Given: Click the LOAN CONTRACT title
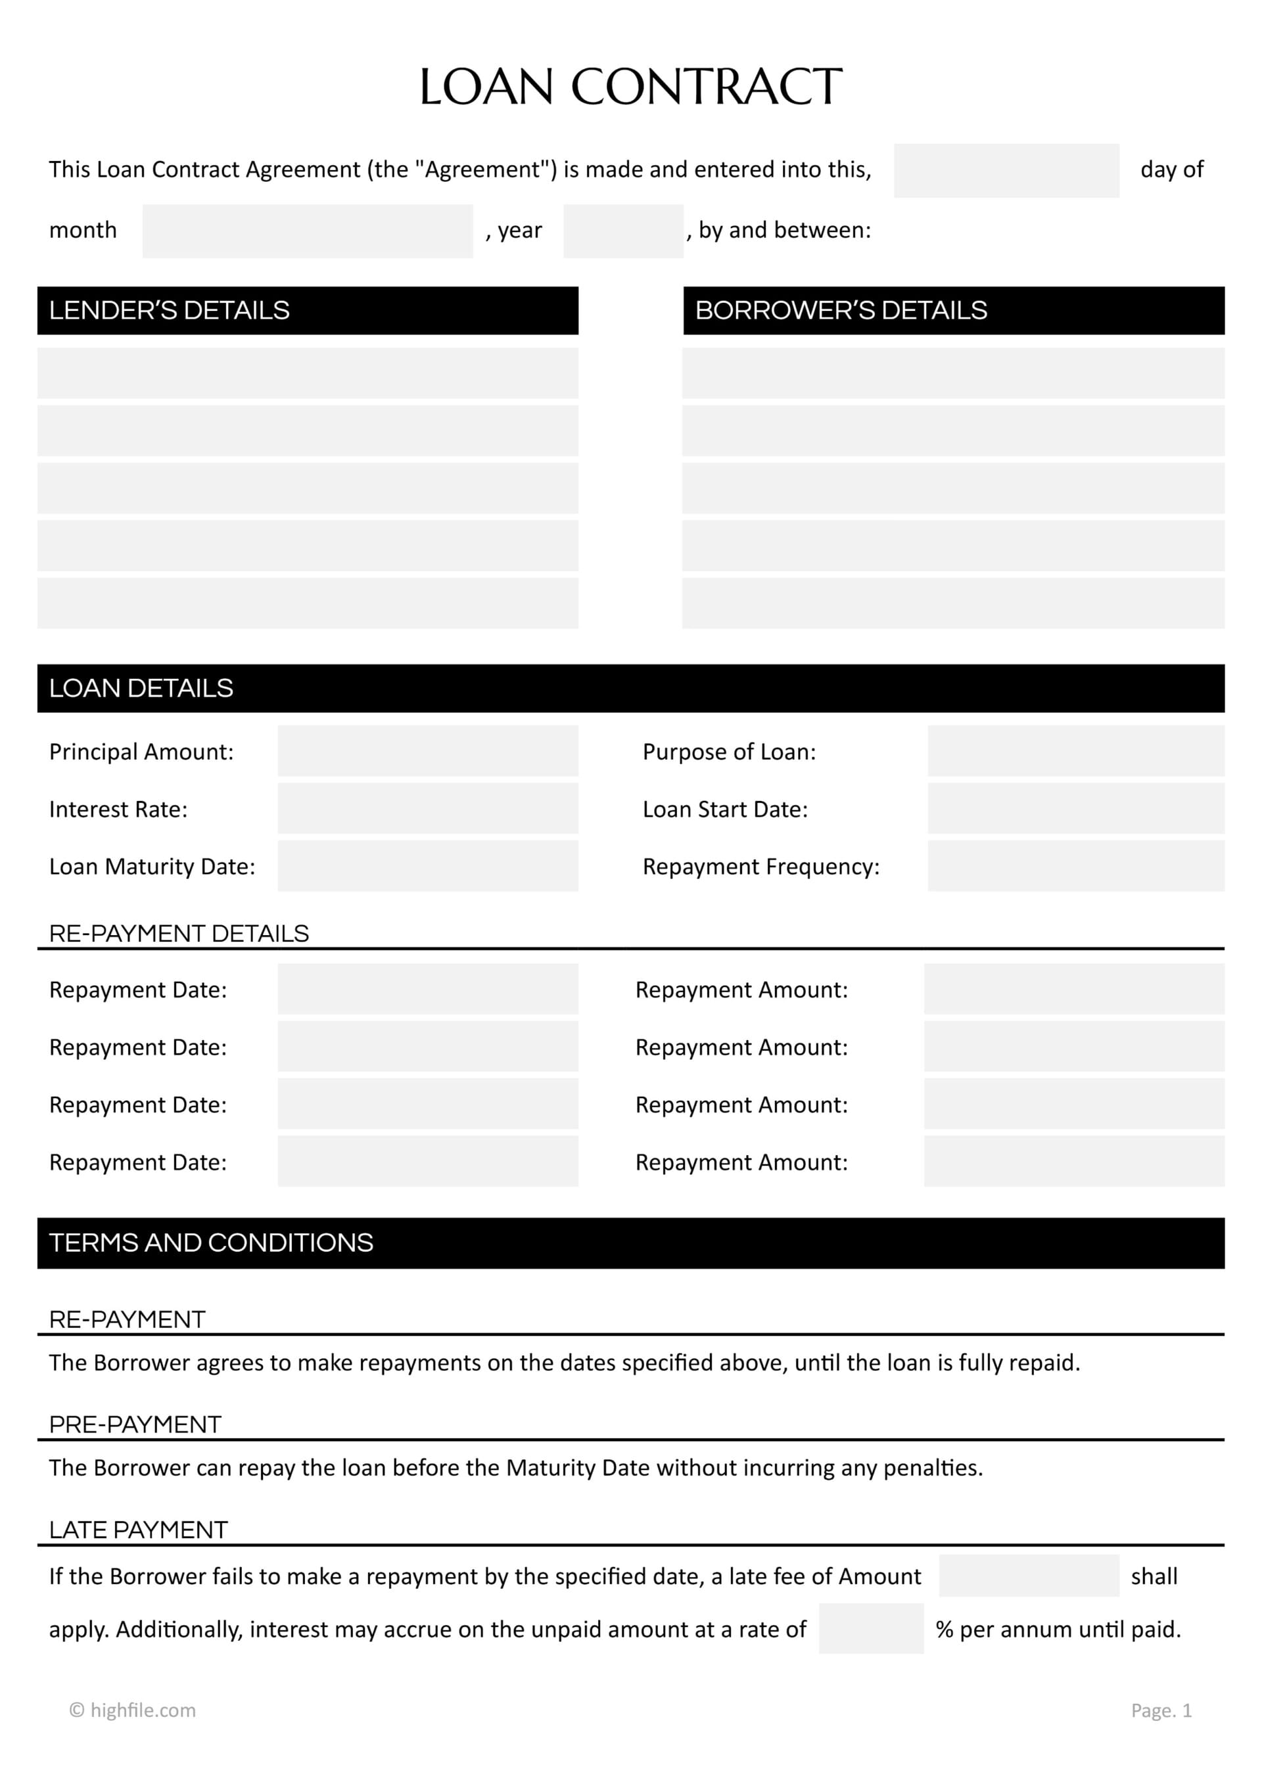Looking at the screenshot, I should click(x=630, y=86).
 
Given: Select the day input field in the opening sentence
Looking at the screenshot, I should click(x=1006, y=170).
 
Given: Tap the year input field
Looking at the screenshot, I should click(x=622, y=231).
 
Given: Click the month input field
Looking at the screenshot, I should click(x=307, y=231).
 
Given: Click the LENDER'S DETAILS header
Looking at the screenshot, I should click(x=169, y=310).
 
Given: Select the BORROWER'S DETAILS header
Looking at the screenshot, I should click(x=840, y=310).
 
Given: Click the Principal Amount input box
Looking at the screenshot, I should click(x=427, y=750).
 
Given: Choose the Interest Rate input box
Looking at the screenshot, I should click(x=427, y=808).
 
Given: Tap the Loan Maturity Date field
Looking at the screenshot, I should click(x=427, y=865).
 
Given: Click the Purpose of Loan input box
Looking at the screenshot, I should click(x=1075, y=750).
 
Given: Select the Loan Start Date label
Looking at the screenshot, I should click(x=724, y=809).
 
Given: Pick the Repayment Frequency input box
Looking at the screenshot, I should click(x=1075, y=865).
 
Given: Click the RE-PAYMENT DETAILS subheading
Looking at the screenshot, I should click(x=179, y=933).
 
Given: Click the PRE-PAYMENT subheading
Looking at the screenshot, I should click(x=135, y=1425).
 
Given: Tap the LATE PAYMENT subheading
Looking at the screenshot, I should click(x=138, y=1529).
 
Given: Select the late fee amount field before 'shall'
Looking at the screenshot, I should click(x=1028, y=1576).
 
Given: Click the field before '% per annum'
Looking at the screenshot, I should click(x=870, y=1629).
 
